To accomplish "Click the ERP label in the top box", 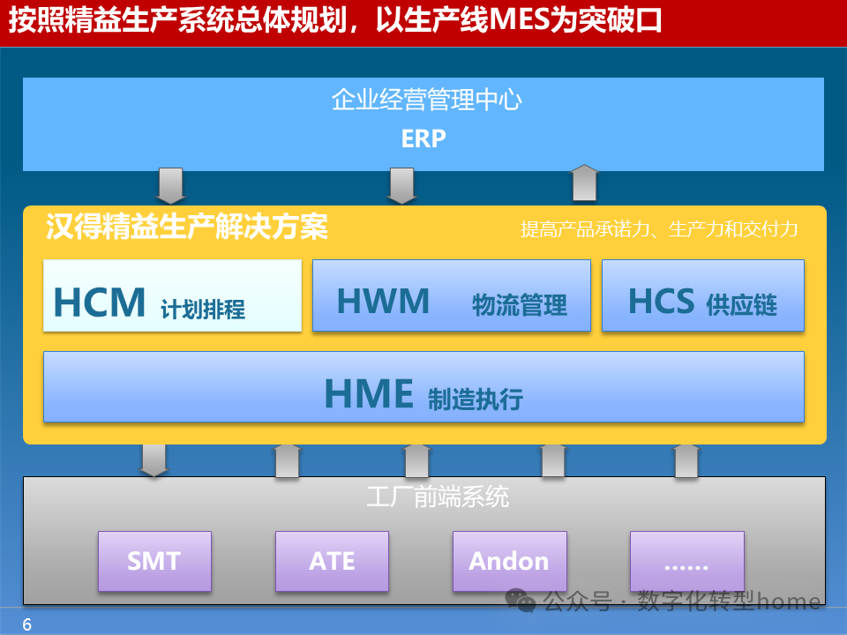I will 423,138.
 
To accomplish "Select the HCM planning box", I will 172,295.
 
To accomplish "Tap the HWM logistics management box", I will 452,295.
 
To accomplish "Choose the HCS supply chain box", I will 702,295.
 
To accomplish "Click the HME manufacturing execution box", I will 423,386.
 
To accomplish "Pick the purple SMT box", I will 154,561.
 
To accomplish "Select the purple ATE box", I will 332,561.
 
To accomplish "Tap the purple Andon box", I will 509,561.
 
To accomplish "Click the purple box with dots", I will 686,561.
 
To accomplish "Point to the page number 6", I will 26,625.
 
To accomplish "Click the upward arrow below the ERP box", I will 585,183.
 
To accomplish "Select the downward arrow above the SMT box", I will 154,460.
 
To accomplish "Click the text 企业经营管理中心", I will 426,100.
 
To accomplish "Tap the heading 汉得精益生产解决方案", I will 187,228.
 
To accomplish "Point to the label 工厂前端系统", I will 438,497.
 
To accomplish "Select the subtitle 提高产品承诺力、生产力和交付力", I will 659,229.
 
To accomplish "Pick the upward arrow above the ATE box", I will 288,460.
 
